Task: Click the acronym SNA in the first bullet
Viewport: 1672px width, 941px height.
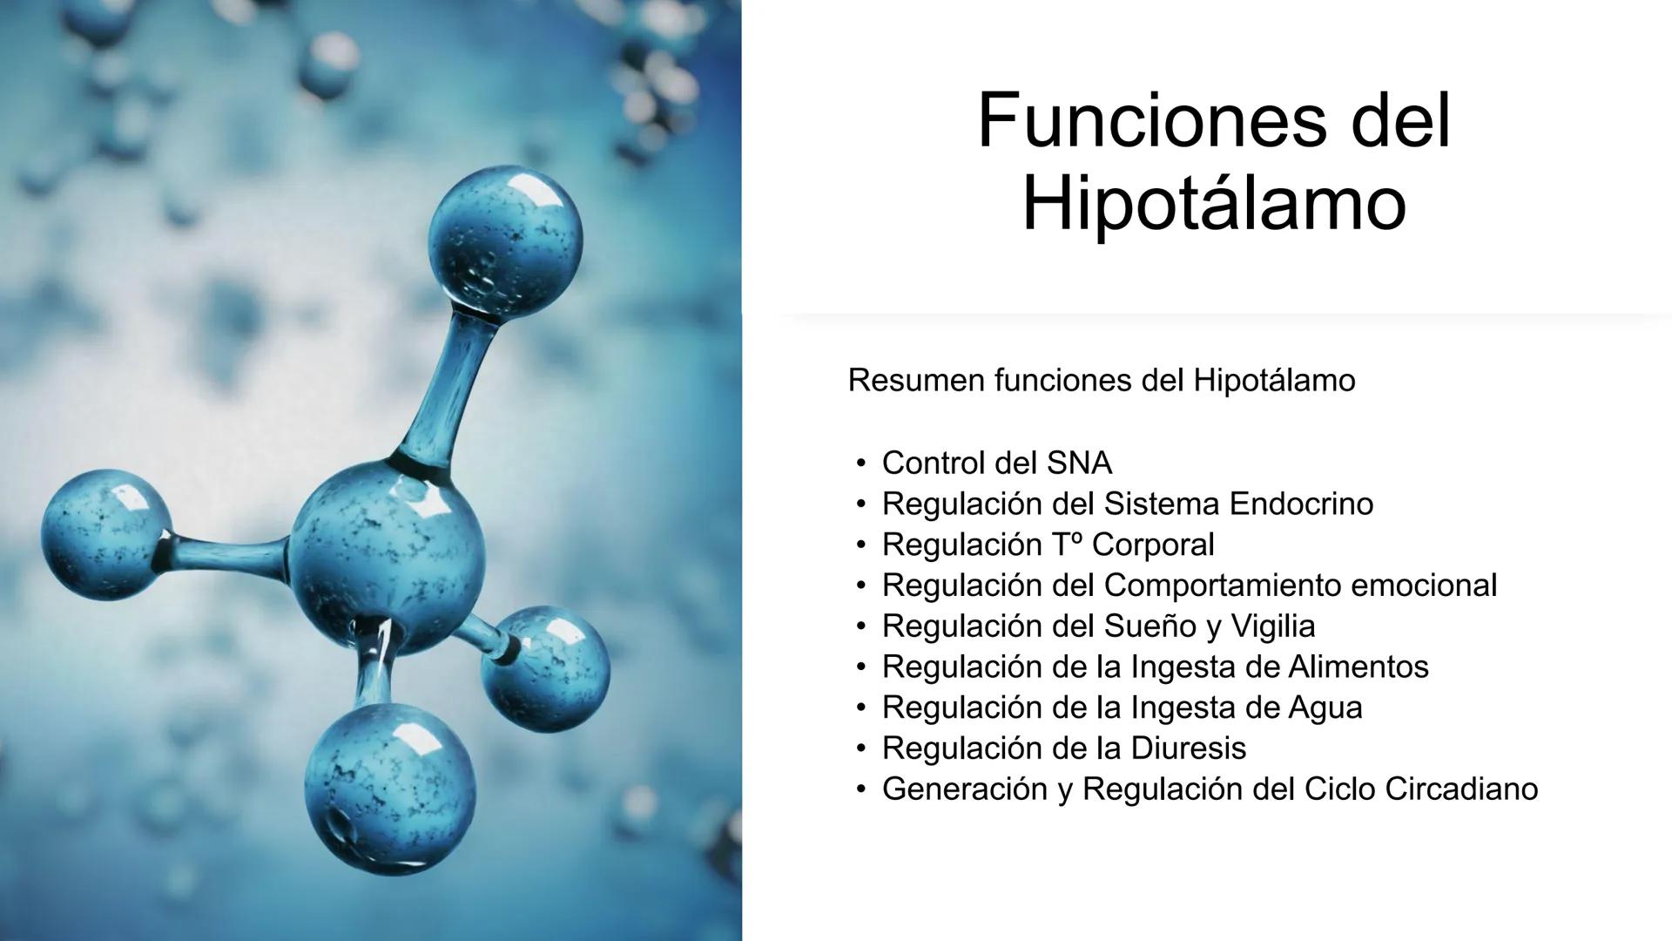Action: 1079,463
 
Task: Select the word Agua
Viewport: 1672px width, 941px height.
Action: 1325,708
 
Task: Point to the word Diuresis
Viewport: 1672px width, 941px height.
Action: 1188,748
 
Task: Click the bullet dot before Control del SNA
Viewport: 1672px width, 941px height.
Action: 861,464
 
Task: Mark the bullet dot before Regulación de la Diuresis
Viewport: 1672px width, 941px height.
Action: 861,748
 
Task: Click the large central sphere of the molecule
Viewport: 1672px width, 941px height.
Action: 387,558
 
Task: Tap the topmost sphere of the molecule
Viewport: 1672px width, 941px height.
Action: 506,240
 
